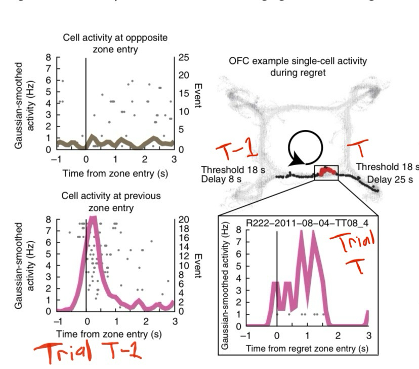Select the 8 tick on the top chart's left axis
point(49,57)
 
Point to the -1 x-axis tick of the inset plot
point(246,336)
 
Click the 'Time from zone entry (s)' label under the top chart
point(116,173)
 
